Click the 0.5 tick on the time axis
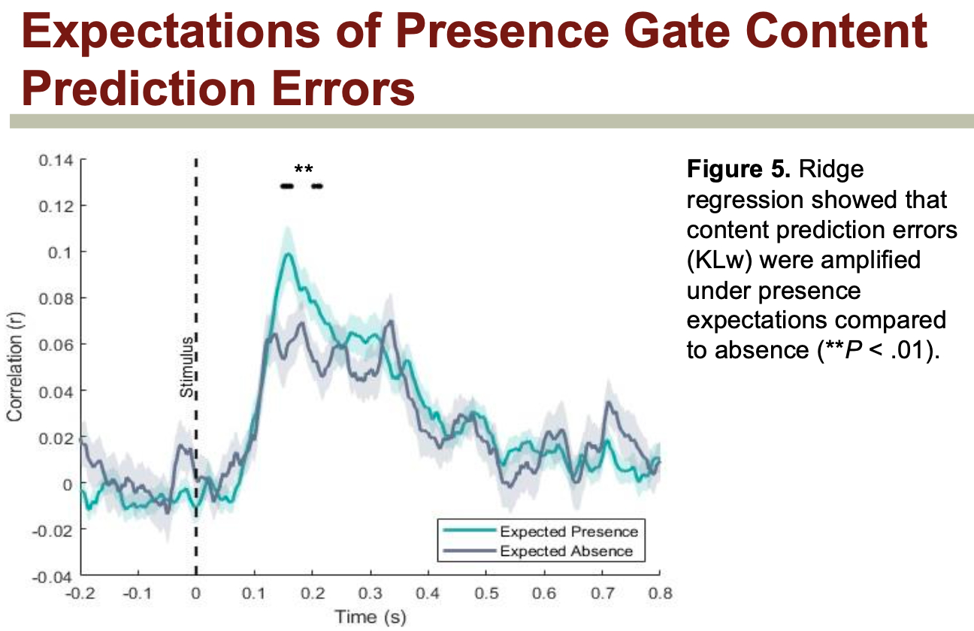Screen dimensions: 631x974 (x=485, y=593)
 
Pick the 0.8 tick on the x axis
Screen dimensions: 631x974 (x=659, y=593)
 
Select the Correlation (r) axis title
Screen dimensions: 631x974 (x=14, y=368)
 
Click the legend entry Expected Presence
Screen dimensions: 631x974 (x=568, y=532)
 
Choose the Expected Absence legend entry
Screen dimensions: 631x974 (x=566, y=551)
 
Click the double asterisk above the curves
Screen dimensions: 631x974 (x=304, y=169)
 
